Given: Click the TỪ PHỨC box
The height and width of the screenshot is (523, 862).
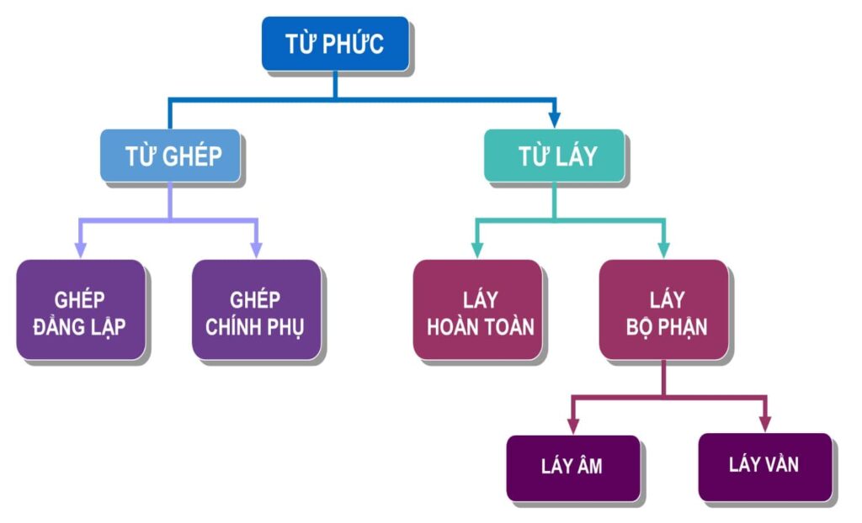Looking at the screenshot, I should point(334,43).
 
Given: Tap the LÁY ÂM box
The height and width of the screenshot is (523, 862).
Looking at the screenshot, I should point(572,467).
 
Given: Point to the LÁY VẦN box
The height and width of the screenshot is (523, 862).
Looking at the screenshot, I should point(764,465).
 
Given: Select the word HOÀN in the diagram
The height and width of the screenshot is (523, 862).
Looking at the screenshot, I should point(453,326).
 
